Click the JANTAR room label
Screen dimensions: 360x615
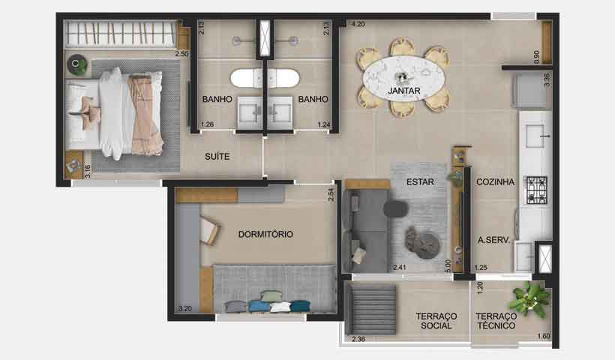(403, 91)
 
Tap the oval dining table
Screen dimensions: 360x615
(403, 74)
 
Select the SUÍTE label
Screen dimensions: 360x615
(217, 157)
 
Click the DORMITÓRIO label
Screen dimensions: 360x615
(265, 234)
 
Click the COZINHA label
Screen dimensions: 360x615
(495, 181)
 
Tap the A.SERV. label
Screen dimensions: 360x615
(494, 241)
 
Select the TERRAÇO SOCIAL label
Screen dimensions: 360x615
(436, 321)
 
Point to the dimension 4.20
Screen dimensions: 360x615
(358, 24)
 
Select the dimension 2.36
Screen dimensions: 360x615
(359, 340)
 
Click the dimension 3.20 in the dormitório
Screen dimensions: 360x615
(185, 307)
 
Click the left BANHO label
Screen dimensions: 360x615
(216, 99)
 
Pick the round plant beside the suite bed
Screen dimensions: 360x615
(77, 65)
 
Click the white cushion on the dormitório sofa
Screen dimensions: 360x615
(280, 306)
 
